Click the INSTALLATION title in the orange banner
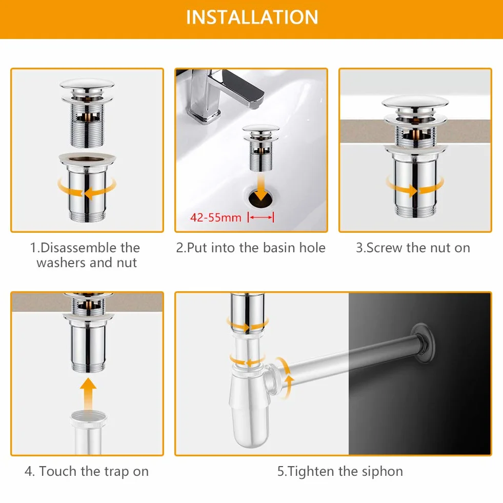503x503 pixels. [x=252, y=17]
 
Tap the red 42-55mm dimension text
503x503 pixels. [x=215, y=217]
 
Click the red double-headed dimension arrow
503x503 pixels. [x=261, y=217]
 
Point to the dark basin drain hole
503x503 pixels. [x=260, y=197]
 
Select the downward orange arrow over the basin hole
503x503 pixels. [x=261, y=187]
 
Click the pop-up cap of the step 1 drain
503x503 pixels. [x=87, y=85]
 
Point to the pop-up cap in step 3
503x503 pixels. [x=415, y=103]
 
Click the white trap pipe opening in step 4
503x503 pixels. [x=88, y=416]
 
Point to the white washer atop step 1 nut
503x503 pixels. [x=87, y=158]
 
